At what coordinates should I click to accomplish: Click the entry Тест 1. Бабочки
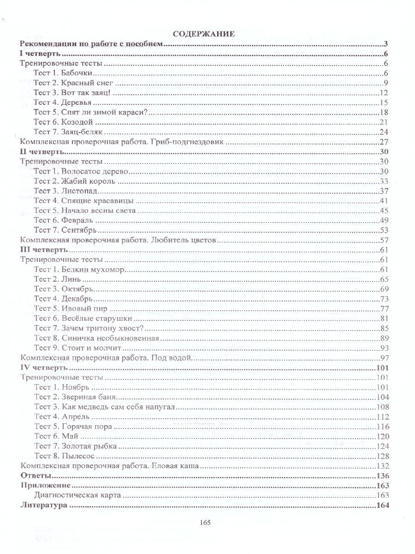(64, 73)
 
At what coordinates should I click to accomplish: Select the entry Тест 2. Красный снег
(73, 83)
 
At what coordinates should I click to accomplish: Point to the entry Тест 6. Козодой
(64, 122)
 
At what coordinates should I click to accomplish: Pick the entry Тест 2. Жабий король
(75, 181)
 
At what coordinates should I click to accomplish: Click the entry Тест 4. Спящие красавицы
(84, 200)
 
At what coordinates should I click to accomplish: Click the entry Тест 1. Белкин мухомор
(80, 270)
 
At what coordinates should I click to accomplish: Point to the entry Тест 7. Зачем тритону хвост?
(89, 328)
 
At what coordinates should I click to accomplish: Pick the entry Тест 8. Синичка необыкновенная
(97, 338)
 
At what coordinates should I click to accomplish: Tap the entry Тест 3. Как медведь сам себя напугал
(106, 407)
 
